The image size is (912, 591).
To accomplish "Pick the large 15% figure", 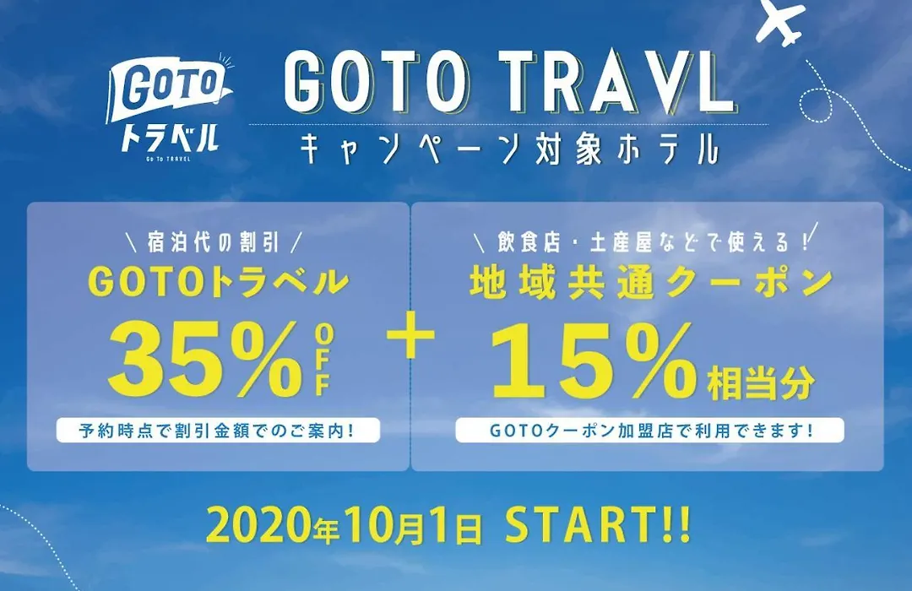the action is [x=594, y=361].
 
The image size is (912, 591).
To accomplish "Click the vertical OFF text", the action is [x=323, y=362].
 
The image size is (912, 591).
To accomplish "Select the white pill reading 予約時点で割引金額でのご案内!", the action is [x=218, y=431].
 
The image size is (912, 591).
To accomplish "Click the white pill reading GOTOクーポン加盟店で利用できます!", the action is [x=649, y=431].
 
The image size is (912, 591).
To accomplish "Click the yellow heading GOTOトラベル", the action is [x=218, y=281].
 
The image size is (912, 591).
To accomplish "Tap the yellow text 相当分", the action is [x=760, y=383].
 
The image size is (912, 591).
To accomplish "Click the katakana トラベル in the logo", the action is [x=170, y=138].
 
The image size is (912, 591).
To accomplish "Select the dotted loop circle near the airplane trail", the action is [x=817, y=105].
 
